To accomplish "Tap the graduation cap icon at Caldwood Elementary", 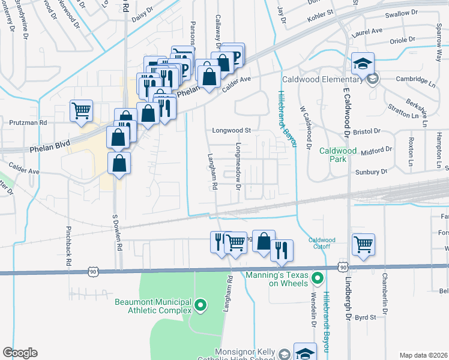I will (x=363, y=64).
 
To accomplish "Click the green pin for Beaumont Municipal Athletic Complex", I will (x=202, y=306).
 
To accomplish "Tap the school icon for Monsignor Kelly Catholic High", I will (x=305, y=353).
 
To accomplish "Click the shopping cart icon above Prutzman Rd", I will (x=81, y=110).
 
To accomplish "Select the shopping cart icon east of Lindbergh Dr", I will (x=363, y=244).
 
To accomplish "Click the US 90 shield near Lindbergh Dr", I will (x=342, y=266).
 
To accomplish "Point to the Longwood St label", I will (x=231, y=130).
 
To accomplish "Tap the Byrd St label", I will (x=365, y=317).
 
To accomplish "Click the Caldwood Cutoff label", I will (x=322, y=243).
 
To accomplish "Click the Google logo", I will (x=20, y=353).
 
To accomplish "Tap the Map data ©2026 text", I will (x=423, y=355).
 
